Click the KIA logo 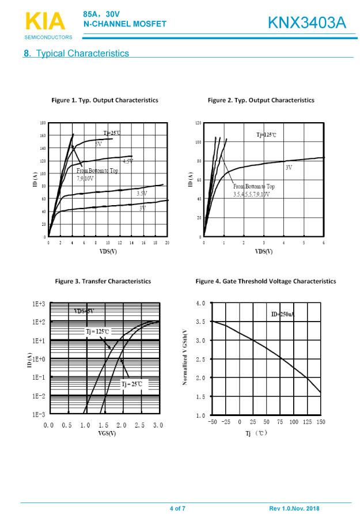[x=46, y=22]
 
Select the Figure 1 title [x=105, y=100]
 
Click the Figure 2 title [x=261, y=100]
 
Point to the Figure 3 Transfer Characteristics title [x=103, y=281]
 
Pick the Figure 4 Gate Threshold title [x=266, y=281]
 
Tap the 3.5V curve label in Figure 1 [x=142, y=194]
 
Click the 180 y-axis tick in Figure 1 [x=43, y=123]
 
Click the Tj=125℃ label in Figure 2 [x=266, y=135]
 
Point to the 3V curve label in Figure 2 [x=289, y=167]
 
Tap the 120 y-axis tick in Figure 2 [x=198, y=123]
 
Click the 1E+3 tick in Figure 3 [x=39, y=303]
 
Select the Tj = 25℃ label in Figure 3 [x=131, y=384]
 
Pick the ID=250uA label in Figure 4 [x=282, y=314]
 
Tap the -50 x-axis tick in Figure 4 [x=213, y=422]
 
